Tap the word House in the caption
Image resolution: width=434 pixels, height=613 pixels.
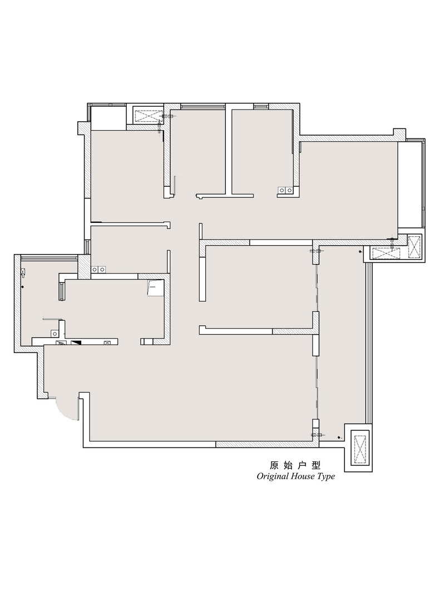point(301,476)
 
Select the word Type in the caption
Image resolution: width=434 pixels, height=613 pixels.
point(325,477)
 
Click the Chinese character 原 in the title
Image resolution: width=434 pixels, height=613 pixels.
point(274,465)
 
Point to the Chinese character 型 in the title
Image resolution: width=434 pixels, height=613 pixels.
point(316,465)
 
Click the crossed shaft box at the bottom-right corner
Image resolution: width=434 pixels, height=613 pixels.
point(360,447)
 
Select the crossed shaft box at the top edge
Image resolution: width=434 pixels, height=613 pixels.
point(149,116)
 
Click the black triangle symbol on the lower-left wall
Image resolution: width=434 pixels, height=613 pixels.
point(76,343)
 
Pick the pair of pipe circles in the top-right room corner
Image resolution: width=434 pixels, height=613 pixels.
point(285,191)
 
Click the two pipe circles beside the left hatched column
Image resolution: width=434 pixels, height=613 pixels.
point(98,270)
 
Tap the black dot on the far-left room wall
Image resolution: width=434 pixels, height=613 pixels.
point(22,287)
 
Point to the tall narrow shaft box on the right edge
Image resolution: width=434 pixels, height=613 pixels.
point(414,247)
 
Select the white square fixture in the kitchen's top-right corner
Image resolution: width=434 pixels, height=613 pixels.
point(155,288)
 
